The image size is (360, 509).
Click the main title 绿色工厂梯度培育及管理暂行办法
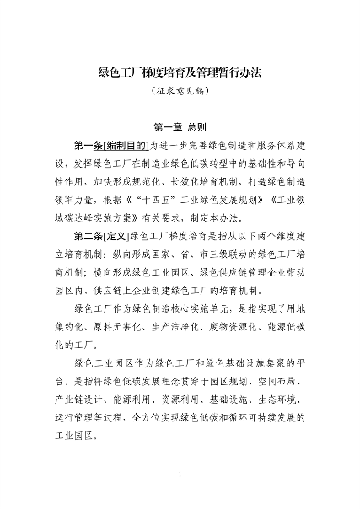pyautogui.click(x=180, y=72)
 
